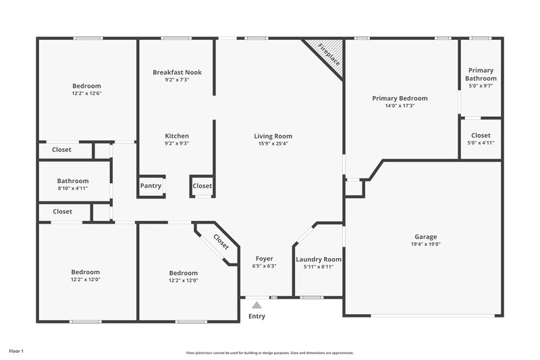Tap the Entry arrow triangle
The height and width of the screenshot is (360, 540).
pyautogui.click(x=256, y=305)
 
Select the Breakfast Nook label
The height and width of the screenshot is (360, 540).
pyautogui.click(x=177, y=72)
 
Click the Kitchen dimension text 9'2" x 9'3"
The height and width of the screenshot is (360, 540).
pyautogui.click(x=177, y=143)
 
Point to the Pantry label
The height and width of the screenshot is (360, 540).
pyautogui.click(x=151, y=186)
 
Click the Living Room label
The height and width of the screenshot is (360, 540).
pyautogui.click(x=273, y=136)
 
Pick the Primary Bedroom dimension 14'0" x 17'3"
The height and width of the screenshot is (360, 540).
pyautogui.click(x=400, y=106)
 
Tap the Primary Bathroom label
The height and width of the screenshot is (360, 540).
pyautogui.click(x=481, y=74)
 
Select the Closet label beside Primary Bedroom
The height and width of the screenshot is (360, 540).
pyautogui.click(x=481, y=135)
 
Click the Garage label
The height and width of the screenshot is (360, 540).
pyautogui.click(x=425, y=237)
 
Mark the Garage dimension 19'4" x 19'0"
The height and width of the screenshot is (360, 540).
pyautogui.click(x=425, y=245)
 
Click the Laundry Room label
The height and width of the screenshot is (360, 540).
pyautogui.click(x=319, y=259)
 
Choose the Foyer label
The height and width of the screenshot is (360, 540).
pyautogui.click(x=264, y=259)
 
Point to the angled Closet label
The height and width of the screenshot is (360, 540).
pyautogui.click(x=221, y=241)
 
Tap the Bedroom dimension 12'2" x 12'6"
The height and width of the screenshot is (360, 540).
pyautogui.click(x=86, y=93)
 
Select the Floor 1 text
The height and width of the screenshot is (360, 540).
pyautogui.click(x=16, y=351)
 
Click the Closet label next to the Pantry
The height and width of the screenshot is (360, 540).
pyautogui.click(x=202, y=186)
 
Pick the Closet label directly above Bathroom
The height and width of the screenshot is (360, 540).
pyautogui.click(x=62, y=150)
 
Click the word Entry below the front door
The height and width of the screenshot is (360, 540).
pyautogui.click(x=256, y=316)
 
